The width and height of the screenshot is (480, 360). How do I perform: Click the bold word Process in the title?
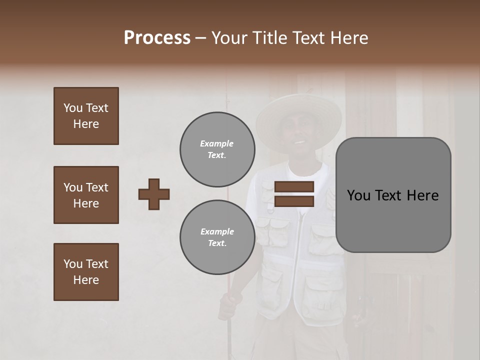coord(157,38)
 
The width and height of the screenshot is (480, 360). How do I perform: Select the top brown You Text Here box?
coord(86,116)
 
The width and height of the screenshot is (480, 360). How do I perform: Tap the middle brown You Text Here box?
coord(86,195)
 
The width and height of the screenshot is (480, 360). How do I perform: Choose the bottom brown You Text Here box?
coord(86,272)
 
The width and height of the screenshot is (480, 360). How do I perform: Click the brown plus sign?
coord(154,194)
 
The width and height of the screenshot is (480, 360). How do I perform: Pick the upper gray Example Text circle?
coord(217,149)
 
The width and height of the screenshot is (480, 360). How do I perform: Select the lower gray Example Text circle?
coord(217,237)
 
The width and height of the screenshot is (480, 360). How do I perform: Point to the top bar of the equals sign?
coord(294,186)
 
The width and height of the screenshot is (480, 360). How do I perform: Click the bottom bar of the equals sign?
coord(294,201)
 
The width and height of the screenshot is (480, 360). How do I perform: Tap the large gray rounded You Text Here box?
coord(393,195)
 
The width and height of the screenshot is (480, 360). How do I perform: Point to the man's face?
coord(298,137)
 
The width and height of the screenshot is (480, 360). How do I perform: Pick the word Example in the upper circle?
coord(217,143)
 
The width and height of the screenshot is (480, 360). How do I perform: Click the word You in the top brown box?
coord(72,108)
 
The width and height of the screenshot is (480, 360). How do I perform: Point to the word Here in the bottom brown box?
coord(86,280)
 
